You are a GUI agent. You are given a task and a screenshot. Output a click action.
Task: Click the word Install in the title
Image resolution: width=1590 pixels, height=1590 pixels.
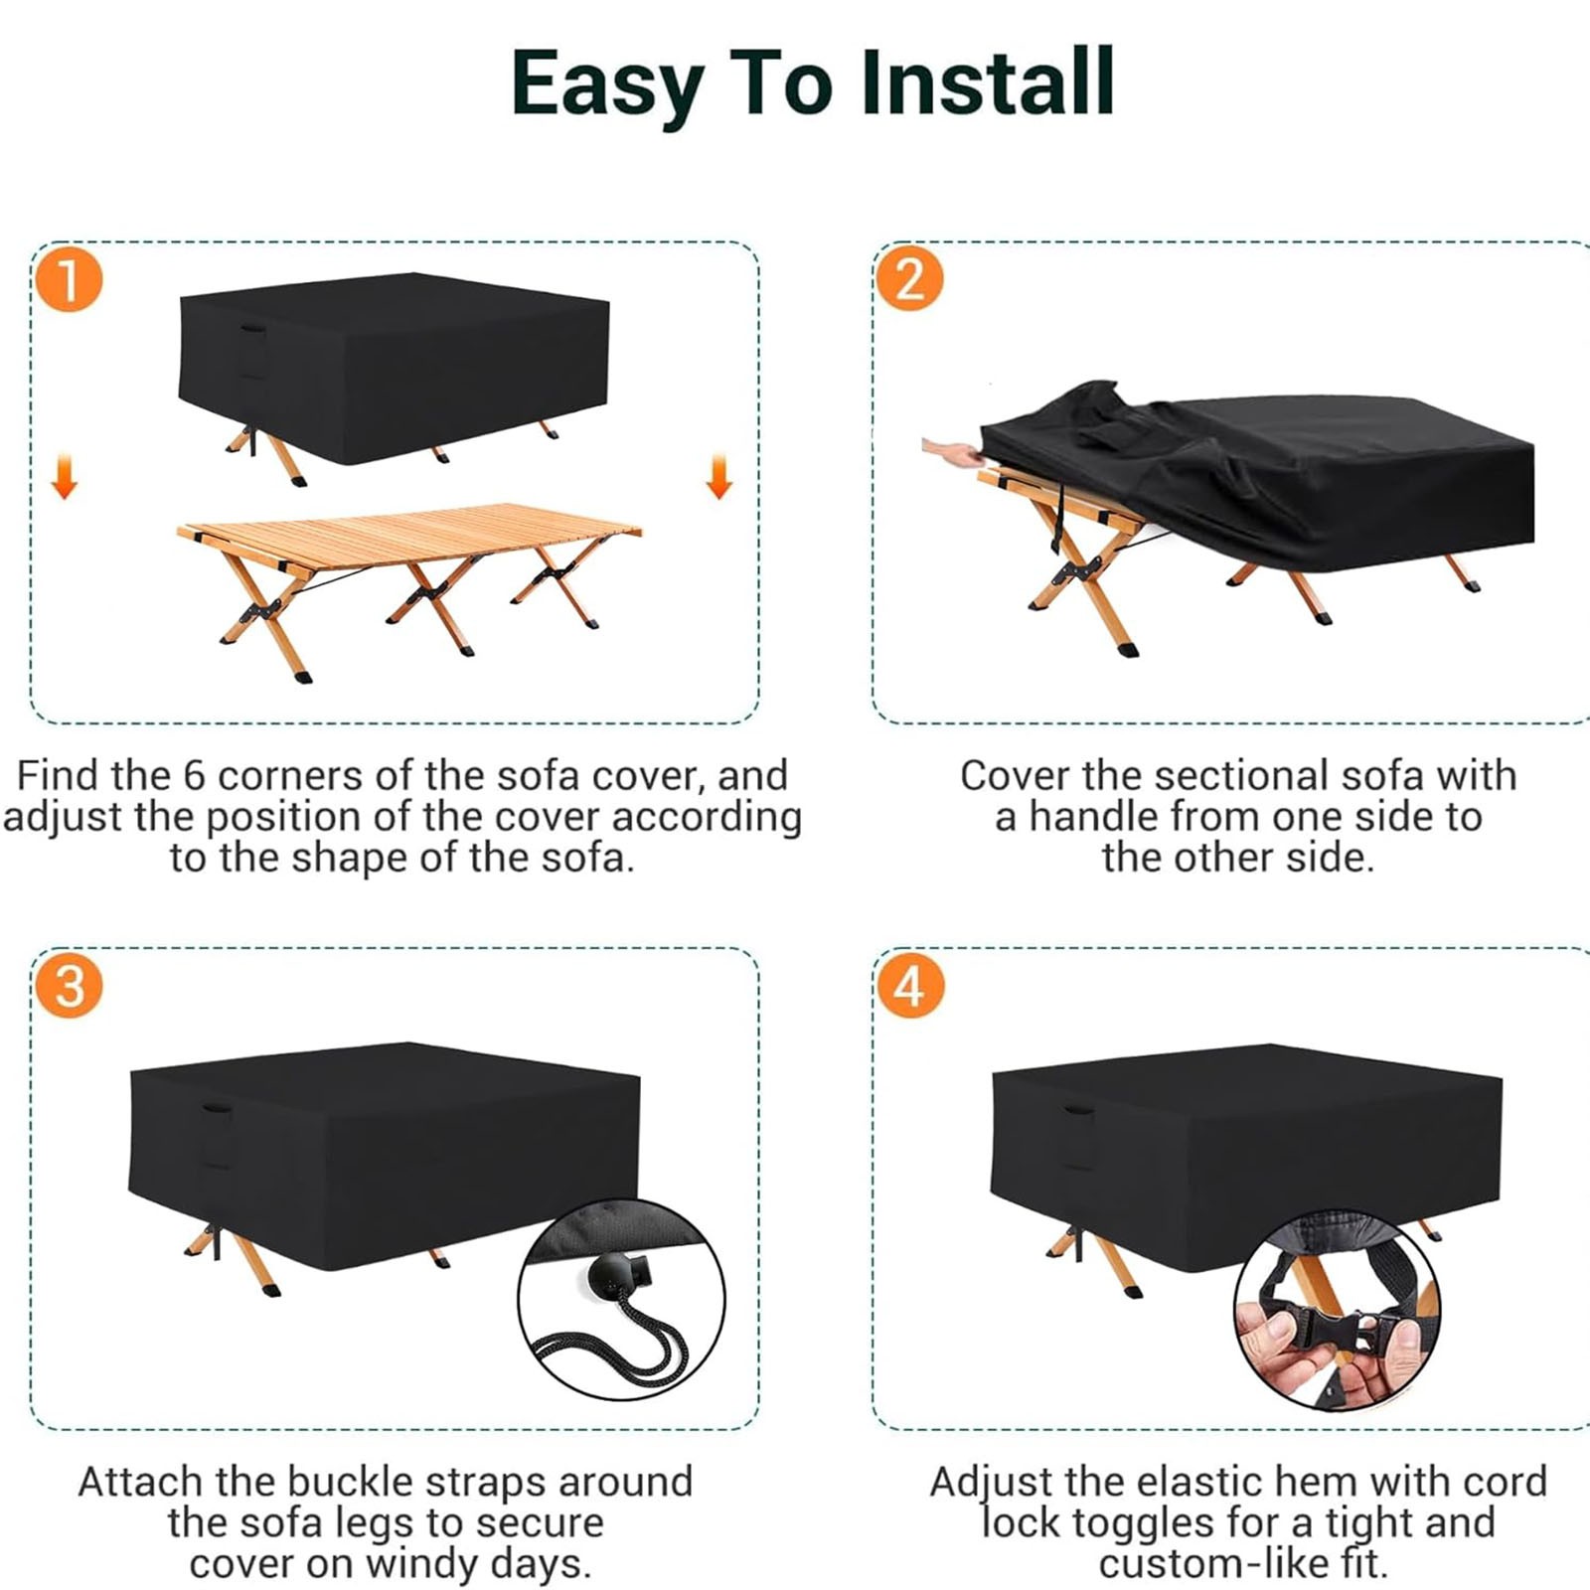click(987, 82)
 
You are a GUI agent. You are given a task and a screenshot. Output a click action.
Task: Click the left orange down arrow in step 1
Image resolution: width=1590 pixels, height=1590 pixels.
click(65, 475)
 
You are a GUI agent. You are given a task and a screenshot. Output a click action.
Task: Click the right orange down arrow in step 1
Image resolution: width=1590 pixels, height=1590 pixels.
click(719, 475)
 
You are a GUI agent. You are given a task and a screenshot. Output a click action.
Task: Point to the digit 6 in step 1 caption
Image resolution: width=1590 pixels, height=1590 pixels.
click(195, 775)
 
